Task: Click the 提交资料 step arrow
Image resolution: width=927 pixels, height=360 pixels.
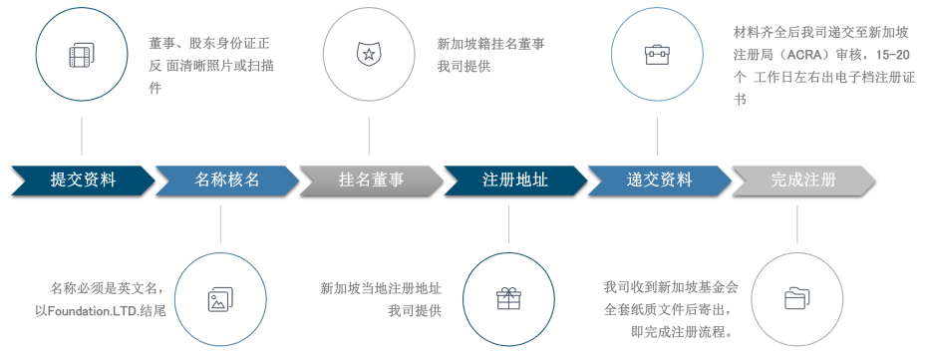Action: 83,180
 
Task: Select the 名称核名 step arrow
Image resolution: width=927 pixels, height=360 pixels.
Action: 227,180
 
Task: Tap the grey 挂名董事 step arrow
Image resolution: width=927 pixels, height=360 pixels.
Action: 371,180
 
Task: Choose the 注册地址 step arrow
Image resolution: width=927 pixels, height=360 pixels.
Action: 515,180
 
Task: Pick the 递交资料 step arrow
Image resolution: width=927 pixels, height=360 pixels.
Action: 659,180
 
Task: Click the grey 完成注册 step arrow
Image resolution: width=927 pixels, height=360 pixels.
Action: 803,180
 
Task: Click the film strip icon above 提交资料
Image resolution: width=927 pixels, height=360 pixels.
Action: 82,55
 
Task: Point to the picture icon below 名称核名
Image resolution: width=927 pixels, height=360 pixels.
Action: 220,298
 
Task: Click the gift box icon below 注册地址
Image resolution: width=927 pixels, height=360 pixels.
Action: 508,298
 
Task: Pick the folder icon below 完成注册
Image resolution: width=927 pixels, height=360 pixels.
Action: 796,298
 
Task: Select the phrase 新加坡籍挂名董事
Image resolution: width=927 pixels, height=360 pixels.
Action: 490,44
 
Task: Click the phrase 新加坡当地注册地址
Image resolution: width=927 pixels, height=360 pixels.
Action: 381,288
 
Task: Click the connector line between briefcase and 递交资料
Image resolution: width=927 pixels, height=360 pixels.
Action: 657,136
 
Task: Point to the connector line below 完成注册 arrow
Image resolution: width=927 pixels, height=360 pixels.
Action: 796,223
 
